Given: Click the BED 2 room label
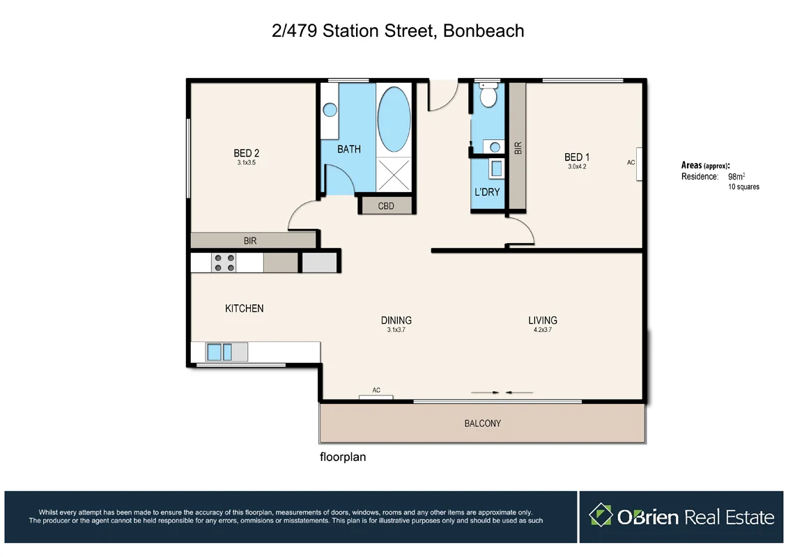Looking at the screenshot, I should point(247,153).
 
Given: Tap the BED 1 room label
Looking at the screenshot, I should point(578,157).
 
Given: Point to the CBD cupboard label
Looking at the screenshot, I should point(386,206).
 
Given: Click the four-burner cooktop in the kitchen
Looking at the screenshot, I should point(224,262).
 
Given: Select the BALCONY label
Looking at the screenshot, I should point(482,423).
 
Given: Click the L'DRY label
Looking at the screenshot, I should point(487,191).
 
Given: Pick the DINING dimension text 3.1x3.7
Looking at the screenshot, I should point(396,331).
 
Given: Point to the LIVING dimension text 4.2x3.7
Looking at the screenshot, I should point(542,331).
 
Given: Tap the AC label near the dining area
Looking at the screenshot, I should point(376,391).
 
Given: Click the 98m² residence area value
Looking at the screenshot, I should point(736,177).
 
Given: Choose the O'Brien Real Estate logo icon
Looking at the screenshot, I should point(600,516).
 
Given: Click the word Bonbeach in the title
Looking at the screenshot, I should point(482,31).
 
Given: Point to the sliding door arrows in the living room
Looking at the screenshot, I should point(502,393).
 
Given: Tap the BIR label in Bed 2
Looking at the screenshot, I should point(250,241).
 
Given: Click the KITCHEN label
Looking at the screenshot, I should point(244,308).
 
